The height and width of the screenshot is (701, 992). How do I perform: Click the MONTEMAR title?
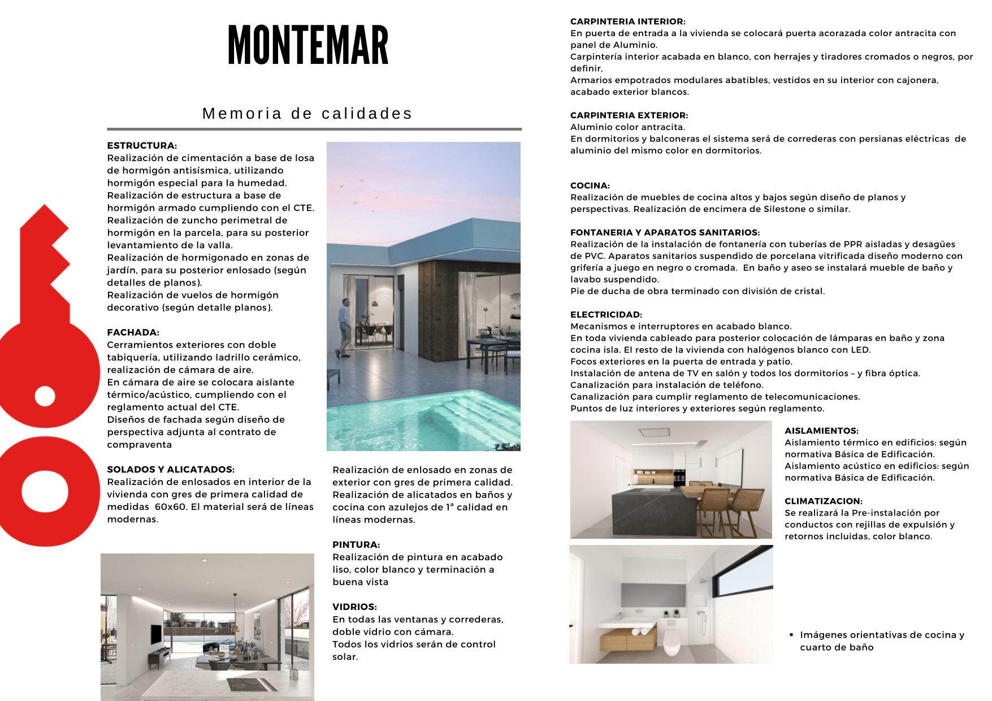pyautogui.click(x=308, y=45)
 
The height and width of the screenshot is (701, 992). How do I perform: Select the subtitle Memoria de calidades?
pyautogui.click(x=307, y=114)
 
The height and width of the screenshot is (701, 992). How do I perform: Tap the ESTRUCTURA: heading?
pyautogui.click(x=142, y=145)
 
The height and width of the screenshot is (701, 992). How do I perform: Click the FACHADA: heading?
pyautogui.click(x=133, y=332)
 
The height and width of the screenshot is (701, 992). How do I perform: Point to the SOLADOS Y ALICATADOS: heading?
pyautogui.click(x=171, y=469)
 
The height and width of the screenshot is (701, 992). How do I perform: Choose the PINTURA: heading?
pyautogui.click(x=356, y=544)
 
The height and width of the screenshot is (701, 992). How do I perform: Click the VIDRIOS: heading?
pyautogui.click(x=354, y=607)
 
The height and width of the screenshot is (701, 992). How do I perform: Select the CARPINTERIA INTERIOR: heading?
pyautogui.click(x=627, y=21)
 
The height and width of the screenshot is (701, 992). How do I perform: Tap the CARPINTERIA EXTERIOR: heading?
pyautogui.click(x=629, y=115)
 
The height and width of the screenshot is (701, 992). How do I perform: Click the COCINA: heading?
pyautogui.click(x=590, y=185)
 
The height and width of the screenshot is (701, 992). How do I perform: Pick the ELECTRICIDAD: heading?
pyautogui.click(x=606, y=314)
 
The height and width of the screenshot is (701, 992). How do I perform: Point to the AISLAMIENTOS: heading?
pyautogui.click(x=821, y=431)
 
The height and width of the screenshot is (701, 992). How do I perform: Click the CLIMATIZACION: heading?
pyautogui.click(x=823, y=501)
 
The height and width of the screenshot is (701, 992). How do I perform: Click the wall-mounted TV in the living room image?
pyautogui.click(x=155, y=634)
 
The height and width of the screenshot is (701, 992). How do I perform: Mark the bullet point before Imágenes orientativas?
pyautogui.click(x=791, y=635)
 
